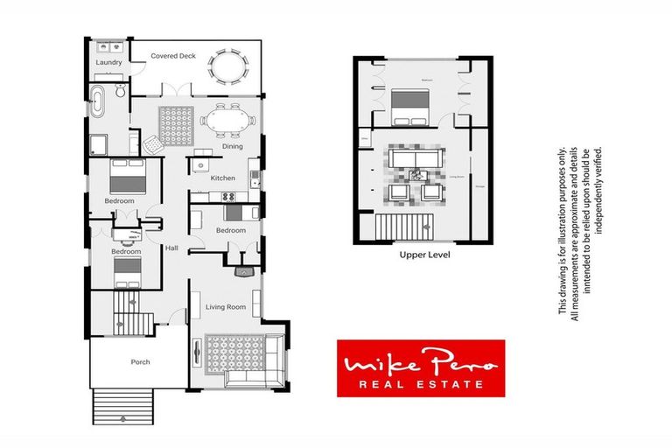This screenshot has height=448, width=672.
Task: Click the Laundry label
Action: [x=108, y=63]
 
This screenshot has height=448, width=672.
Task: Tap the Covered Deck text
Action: [x=172, y=56]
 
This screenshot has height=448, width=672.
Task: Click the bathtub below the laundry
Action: [x=98, y=102]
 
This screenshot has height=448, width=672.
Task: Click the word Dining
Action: [x=232, y=146]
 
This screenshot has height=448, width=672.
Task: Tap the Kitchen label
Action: [x=223, y=178]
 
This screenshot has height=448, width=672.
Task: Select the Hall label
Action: [x=171, y=248]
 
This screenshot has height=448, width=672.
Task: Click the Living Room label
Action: [x=225, y=307]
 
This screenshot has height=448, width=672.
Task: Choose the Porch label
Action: [x=140, y=362]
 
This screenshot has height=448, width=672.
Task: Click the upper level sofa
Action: [x=416, y=157]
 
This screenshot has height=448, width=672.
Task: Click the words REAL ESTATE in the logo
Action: [x=421, y=383]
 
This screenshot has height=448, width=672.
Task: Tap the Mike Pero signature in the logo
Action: [x=421, y=360]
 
